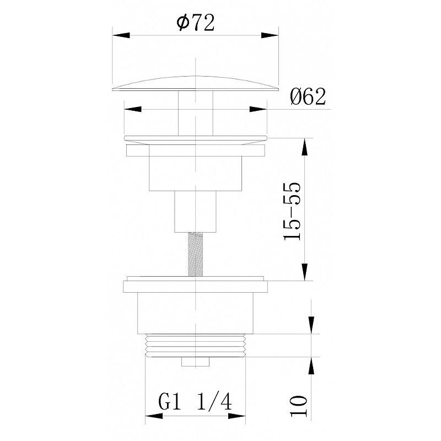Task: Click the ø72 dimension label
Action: tap(196, 23)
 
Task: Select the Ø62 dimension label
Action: tap(308, 96)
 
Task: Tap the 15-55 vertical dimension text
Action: tap(292, 211)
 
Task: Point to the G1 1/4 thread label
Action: tap(195, 402)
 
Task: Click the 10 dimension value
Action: tap(299, 406)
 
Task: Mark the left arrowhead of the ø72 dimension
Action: tap(121, 35)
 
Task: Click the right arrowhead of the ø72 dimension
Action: tap(270, 35)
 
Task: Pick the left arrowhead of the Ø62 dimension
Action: tap(132, 109)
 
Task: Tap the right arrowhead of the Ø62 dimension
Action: tap(258, 109)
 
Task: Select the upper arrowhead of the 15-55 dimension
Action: tap(304, 147)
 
